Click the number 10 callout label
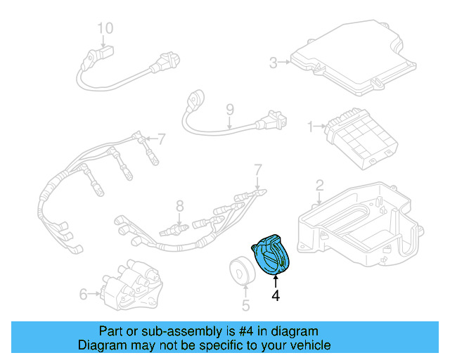(x=105, y=28)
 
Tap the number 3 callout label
(x=274, y=61)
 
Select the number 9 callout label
(x=229, y=109)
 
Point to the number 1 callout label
(x=310, y=127)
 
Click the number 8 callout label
(x=179, y=206)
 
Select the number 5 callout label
(x=245, y=305)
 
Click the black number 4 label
(x=276, y=296)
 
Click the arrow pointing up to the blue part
(x=276, y=282)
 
